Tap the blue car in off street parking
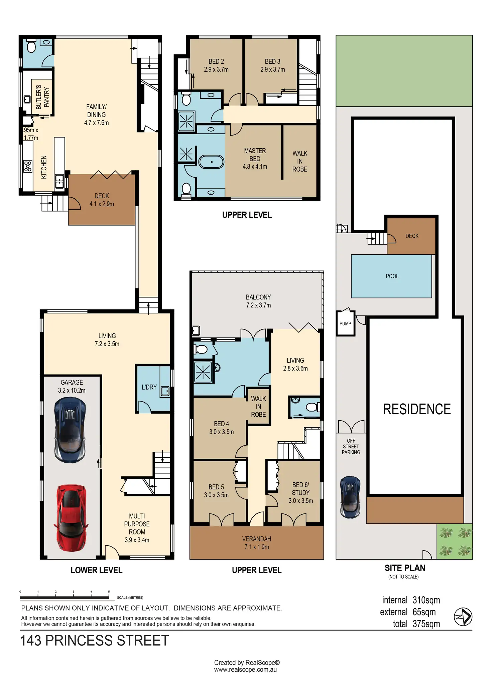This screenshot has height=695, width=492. tap(350, 497)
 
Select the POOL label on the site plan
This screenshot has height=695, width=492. tap(392, 276)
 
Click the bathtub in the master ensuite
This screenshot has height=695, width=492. tap(211, 162)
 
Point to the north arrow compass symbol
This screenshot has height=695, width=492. tap(463, 617)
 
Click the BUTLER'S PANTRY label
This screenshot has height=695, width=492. tap(42, 97)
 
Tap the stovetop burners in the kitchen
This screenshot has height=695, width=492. tap(28, 166)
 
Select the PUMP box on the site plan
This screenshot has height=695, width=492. tap(345, 323)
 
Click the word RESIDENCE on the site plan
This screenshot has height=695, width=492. tap(416, 409)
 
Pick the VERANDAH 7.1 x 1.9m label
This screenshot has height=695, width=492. tap(256, 543)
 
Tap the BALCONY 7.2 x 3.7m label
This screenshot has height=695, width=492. tap(258, 301)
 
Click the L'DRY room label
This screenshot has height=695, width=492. tap(149, 387)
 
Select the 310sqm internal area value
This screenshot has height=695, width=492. tap(426, 600)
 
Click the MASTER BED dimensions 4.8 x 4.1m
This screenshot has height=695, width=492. tap(255, 167)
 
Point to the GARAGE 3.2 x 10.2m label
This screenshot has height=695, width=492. tap(72, 386)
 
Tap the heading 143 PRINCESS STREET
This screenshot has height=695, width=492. tap(95, 641)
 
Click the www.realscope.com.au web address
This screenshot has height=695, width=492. tap(245, 670)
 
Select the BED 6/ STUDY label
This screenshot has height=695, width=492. tap(300, 492)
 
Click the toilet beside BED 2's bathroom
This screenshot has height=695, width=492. tap(186, 99)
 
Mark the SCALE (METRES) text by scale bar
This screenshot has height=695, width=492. tap(130, 598)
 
